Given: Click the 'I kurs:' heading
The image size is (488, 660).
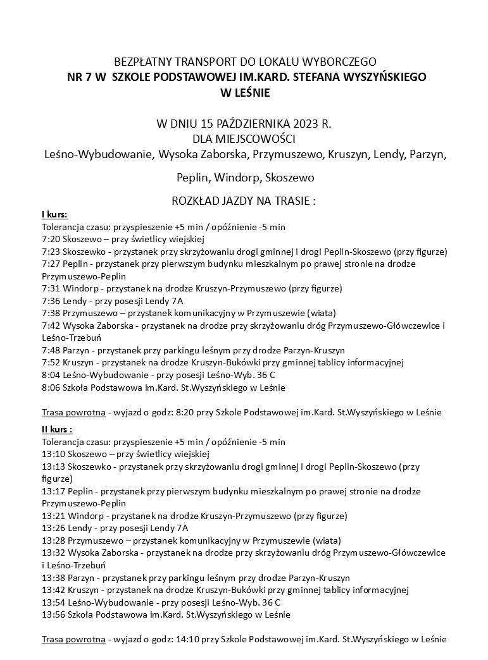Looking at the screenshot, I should pos(54,214).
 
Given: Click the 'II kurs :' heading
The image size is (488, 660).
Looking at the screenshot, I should pos(58,430).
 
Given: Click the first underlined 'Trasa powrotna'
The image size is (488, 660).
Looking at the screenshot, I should pos(73,412).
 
